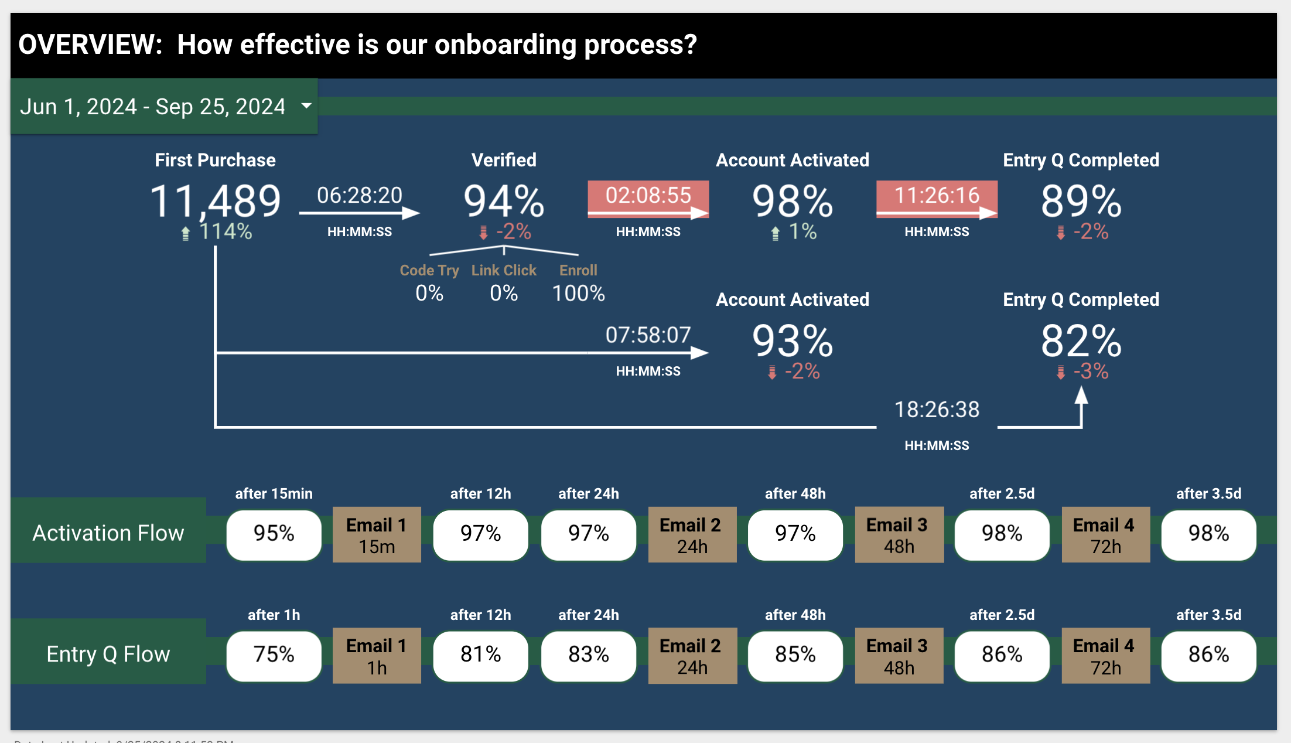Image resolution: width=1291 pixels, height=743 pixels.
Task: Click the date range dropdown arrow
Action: (x=306, y=106)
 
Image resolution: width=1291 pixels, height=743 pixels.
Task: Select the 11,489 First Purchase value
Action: (x=216, y=201)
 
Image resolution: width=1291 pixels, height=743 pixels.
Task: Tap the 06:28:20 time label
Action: (x=359, y=195)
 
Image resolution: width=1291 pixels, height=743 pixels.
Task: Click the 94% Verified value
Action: (x=504, y=201)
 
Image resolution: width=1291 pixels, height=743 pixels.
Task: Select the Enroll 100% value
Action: (x=578, y=293)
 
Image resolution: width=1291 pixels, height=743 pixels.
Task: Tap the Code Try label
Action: (x=429, y=270)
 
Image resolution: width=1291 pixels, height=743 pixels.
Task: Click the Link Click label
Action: (x=504, y=270)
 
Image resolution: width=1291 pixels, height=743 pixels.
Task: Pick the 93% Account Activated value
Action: (x=792, y=340)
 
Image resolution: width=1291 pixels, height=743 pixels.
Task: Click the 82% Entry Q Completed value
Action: (x=1081, y=340)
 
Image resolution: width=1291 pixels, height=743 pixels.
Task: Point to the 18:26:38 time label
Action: (x=937, y=410)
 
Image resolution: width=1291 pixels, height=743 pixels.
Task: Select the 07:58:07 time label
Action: (x=648, y=335)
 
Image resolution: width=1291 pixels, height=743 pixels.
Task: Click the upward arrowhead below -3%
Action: (x=1081, y=396)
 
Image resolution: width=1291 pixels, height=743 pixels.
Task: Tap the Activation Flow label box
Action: (x=108, y=533)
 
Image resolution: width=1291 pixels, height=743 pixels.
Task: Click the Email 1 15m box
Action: (x=377, y=535)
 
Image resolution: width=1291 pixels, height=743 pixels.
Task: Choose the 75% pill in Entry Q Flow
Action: (x=274, y=654)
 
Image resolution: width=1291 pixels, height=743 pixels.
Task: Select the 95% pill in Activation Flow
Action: (x=274, y=533)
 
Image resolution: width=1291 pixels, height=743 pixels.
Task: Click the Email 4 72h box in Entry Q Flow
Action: (x=1105, y=656)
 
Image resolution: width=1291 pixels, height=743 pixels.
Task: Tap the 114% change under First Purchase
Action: (x=225, y=231)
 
